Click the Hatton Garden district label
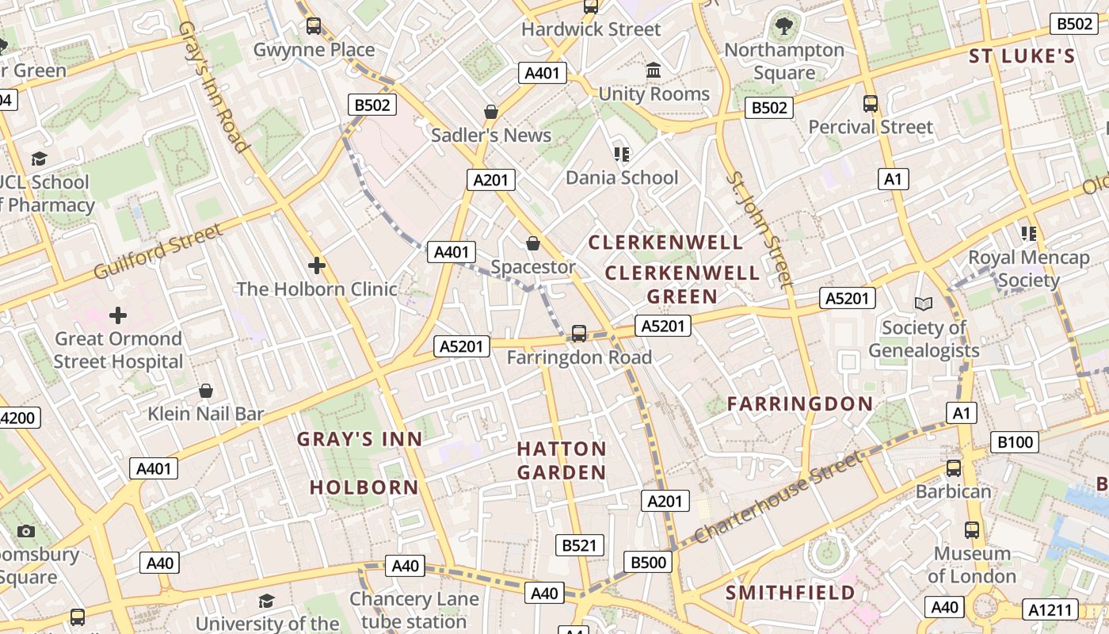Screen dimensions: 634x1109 coord(562,460)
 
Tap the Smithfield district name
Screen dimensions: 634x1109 coord(790,593)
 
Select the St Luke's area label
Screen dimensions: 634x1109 coord(1022,56)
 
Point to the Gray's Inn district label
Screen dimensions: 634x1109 coord(360,439)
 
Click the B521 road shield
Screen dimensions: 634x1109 coord(579,545)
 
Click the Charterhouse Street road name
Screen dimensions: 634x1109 coord(777,497)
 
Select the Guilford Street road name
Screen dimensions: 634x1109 coord(158,251)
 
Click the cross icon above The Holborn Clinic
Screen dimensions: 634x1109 coord(317,265)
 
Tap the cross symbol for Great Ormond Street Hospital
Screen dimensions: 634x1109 coord(118,315)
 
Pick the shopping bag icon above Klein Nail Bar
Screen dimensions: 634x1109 coord(206,391)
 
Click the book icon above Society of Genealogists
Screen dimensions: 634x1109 coord(924,304)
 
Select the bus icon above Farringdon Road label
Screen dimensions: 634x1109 coord(579,334)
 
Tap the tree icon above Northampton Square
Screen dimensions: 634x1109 coord(784,26)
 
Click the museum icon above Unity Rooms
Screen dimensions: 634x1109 coord(654,71)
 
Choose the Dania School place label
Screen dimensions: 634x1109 coord(622,177)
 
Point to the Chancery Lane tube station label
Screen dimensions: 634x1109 coord(414,609)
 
